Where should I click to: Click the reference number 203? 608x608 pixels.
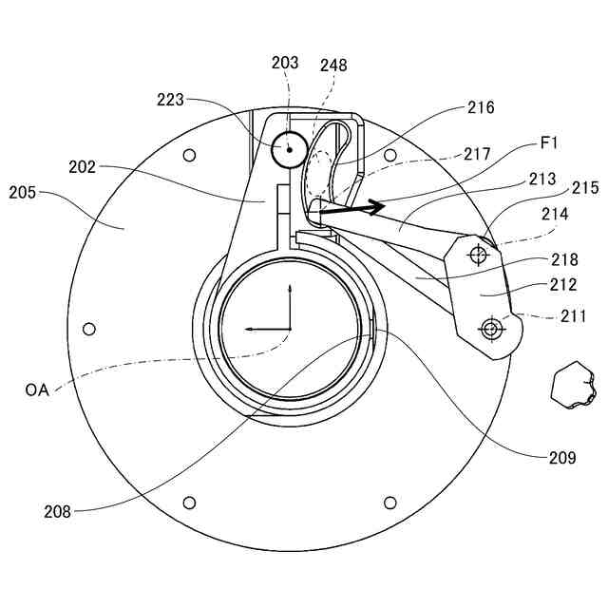tap(285, 63)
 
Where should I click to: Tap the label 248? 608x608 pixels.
tap(333, 66)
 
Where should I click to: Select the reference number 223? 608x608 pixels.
tap(170, 100)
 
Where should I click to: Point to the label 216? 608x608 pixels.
tap(481, 107)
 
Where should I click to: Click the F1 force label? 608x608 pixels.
tap(549, 143)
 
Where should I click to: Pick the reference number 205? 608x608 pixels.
tap(23, 192)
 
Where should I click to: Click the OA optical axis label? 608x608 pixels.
tap(37, 389)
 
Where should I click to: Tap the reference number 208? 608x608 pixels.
tap(57, 512)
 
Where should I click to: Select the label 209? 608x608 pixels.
tap(562, 458)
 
